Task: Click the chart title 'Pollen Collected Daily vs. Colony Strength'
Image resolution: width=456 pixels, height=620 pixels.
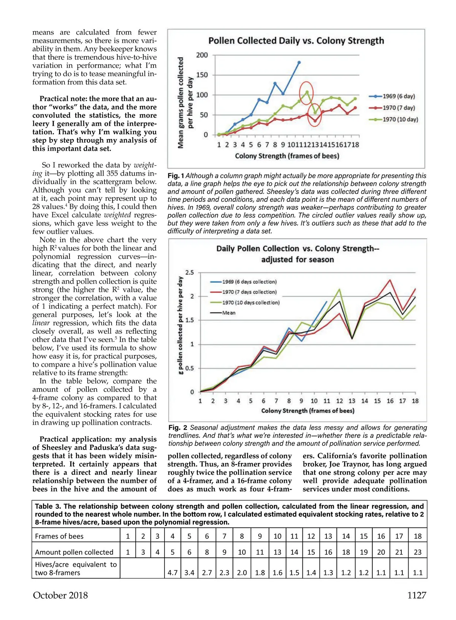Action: (296, 41)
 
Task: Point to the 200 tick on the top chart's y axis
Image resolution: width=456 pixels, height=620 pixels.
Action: (202, 55)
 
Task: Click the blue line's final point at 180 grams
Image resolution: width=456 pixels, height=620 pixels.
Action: (299, 62)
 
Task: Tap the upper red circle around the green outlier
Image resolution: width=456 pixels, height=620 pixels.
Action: (306, 92)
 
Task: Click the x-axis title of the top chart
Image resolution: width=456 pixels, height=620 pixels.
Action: (287, 156)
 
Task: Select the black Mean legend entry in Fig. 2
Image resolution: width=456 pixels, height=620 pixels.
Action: (228, 313)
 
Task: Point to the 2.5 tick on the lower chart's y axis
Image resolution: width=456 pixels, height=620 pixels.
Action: (190, 273)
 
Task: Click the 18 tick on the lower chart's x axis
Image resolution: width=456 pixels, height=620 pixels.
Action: (415, 401)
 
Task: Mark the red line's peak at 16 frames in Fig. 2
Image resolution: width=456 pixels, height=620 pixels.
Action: (390, 280)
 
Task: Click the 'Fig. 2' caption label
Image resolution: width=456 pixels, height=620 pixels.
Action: (177, 428)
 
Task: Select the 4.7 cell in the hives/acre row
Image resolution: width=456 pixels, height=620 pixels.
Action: (173, 572)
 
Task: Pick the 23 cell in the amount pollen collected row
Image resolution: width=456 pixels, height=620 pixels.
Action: (417, 552)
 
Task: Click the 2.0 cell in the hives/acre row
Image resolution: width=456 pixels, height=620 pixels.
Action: (242, 572)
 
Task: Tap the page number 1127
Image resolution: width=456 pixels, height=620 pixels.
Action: (416, 595)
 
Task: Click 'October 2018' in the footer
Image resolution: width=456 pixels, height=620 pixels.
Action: (60, 595)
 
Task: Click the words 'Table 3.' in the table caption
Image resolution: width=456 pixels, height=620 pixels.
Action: (47, 506)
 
